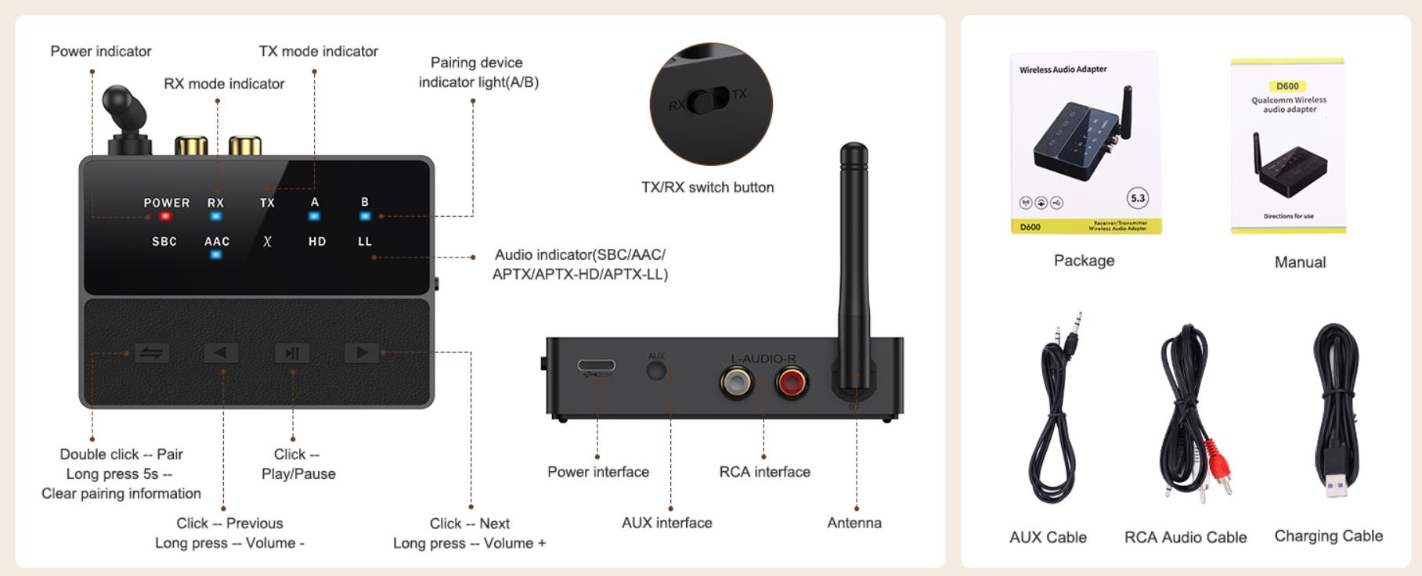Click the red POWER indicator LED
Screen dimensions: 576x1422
(x=165, y=216)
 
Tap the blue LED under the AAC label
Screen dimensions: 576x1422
(x=216, y=254)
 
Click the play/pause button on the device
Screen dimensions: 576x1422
(x=292, y=353)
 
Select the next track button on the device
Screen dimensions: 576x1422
(x=361, y=353)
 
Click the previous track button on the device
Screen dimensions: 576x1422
(x=221, y=353)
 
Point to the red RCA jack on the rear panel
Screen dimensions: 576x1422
(x=791, y=383)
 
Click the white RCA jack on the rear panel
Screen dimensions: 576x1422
(x=736, y=383)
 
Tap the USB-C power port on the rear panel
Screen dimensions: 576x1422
(x=596, y=365)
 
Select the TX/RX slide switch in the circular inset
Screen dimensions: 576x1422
(x=708, y=101)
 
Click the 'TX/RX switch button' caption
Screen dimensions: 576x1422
(x=707, y=187)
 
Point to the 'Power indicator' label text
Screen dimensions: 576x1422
(x=101, y=52)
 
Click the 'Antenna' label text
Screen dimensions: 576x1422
(x=854, y=523)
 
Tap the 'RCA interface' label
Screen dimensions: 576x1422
(x=764, y=472)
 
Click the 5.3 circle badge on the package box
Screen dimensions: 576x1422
(x=1137, y=198)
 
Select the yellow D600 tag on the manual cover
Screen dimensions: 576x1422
(x=1287, y=86)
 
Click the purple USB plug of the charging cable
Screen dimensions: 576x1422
(x=1337, y=488)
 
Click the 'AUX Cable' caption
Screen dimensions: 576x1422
(x=1048, y=538)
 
